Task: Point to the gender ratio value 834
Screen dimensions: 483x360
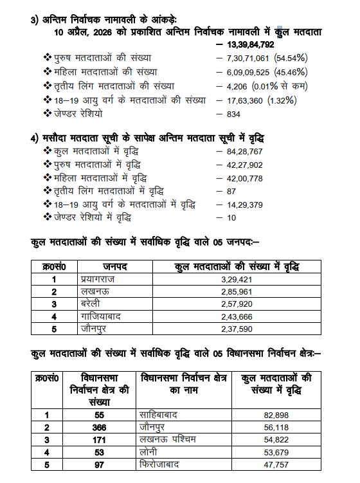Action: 234,114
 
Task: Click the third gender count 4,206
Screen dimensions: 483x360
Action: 236,86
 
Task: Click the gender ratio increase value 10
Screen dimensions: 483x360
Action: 231,218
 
